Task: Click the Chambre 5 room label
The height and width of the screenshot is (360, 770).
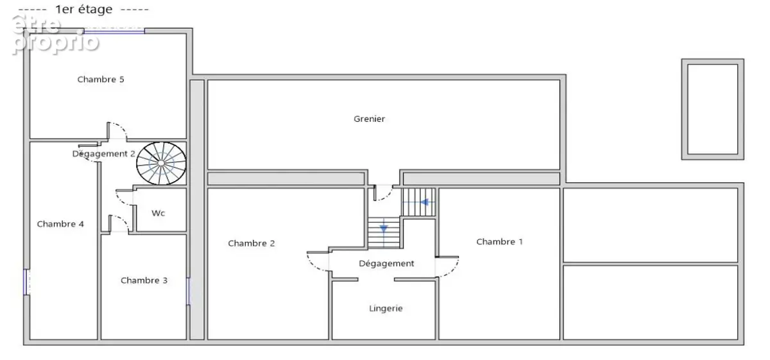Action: (100, 80)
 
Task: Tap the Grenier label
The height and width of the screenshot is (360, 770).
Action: (369, 119)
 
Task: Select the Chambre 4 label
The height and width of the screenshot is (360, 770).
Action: (60, 224)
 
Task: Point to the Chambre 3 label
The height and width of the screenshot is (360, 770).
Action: (144, 280)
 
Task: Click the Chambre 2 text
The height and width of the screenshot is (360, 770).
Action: (252, 243)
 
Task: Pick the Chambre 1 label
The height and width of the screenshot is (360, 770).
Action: (499, 242)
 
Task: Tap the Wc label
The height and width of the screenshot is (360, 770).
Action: (158, 213)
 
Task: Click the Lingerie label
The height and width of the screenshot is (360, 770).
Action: (386, 309)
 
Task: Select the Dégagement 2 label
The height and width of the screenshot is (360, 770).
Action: (103, 154)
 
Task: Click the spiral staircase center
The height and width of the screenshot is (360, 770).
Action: (161, 164)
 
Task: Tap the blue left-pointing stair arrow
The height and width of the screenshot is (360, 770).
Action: (425, 202)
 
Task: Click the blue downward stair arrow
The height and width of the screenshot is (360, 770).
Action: (384, 228)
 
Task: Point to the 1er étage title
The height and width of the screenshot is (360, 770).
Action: (84, 9)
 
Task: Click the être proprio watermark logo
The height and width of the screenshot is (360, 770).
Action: (55, 35)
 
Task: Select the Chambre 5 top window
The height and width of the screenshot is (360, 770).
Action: (114, 31)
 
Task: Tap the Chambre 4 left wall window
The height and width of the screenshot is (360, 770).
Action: (26, 282)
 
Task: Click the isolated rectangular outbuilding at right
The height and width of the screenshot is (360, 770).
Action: (713, 109)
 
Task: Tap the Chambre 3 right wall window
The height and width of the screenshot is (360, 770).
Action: (189, 291)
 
